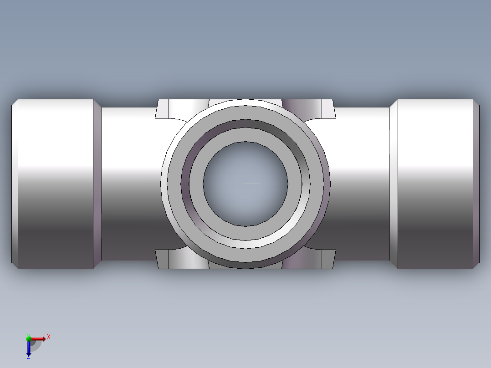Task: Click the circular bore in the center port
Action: pos(245,184)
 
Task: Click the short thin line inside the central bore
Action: pos(252,184)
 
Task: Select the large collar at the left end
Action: pos(56,184)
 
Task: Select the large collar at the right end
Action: pos(435,184)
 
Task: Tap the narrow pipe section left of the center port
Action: pos(132,184)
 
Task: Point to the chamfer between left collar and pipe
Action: pos(97,184)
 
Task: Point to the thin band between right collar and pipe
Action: pos(394,184)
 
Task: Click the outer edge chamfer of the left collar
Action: pos(15,184)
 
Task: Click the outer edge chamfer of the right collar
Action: pos(476,184)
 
